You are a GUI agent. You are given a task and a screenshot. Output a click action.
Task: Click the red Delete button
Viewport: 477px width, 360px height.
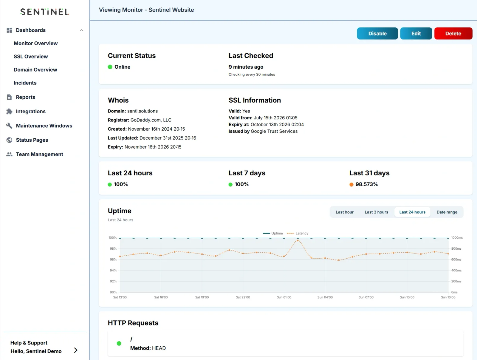(453, 33)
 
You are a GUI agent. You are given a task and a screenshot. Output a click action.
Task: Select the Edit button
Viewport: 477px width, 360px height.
(416, 33)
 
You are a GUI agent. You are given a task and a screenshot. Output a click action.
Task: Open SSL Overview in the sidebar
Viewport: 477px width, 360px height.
(31, 57)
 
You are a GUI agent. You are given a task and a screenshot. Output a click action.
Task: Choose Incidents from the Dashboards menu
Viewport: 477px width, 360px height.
(25, 83)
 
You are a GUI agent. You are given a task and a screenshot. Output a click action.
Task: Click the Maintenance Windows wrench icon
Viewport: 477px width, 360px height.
(9, 126)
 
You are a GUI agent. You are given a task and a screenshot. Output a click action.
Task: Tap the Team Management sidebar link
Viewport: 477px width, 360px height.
(39, 154)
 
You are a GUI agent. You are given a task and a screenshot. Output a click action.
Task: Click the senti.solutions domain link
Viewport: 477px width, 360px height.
(142, 111)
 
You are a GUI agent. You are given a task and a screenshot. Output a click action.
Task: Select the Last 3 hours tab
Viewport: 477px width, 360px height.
(376, 212)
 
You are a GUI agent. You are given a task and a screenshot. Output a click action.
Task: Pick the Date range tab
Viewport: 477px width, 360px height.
(447, 212)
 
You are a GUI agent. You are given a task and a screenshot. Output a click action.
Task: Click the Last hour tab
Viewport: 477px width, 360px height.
(344, 212)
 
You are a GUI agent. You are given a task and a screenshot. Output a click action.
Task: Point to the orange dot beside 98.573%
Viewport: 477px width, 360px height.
(351, 185)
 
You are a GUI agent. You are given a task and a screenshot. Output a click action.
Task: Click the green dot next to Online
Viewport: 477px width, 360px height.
(110, 67)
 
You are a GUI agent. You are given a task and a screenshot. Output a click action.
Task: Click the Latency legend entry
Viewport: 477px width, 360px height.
(298, 233)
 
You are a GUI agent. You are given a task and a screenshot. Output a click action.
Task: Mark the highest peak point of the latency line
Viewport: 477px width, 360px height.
(298, 240)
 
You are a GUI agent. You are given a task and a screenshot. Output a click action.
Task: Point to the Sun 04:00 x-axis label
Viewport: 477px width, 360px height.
(325, 297)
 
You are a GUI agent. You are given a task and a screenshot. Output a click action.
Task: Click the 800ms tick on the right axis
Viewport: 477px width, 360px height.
(456, 248)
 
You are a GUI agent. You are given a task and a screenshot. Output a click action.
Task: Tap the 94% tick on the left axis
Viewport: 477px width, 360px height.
(113, 271)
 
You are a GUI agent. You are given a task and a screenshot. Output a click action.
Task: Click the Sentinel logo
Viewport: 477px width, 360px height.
(45, 12)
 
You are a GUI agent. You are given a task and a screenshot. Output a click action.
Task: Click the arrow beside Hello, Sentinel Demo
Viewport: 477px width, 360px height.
(76, 350)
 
